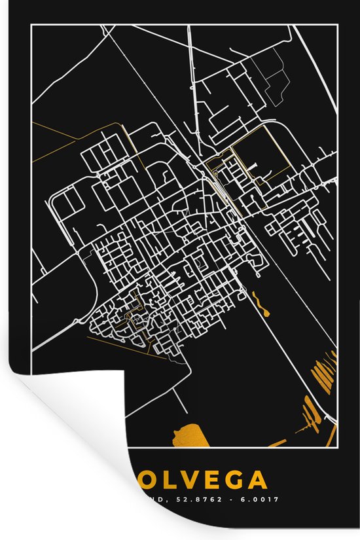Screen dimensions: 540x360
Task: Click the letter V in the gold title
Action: [185, 481]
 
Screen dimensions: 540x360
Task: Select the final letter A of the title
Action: [257, 481]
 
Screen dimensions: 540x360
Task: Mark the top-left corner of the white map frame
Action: [31, 25]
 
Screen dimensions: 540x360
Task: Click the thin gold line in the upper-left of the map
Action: [55, 131]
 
